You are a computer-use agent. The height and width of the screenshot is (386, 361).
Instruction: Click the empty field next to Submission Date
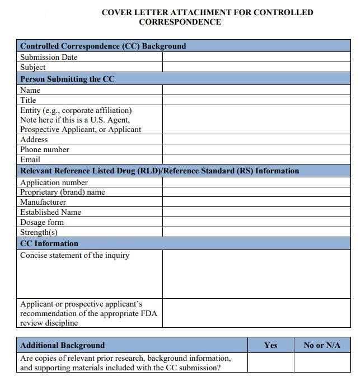tap(256, 57)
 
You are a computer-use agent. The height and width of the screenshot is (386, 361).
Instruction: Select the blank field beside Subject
tap(256, 67)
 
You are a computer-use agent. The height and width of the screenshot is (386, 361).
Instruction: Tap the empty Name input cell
tap(256, 90)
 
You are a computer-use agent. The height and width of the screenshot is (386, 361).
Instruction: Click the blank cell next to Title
tap(256, 100)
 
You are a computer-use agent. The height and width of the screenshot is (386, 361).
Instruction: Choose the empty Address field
tap(256, 139)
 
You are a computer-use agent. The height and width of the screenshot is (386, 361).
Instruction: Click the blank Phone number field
tap(256, 149)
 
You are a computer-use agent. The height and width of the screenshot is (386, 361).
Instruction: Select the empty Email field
tap(256, 159)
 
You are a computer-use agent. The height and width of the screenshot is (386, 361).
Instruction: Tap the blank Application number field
tap(256, 182)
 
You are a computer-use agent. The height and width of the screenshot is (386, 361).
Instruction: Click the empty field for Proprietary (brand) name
tap(256, 192)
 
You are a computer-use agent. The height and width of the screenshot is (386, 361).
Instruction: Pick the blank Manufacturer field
tap(256, 202)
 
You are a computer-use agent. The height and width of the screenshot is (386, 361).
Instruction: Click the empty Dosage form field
tap(256, 222)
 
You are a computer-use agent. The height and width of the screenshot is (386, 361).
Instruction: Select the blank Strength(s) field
tap(256, 232)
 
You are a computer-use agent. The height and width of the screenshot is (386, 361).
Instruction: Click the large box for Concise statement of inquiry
tap(256, 274)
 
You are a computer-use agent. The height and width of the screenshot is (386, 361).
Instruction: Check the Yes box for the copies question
tap(270, 363)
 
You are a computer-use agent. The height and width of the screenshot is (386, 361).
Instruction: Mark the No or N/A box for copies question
tap(322, 363)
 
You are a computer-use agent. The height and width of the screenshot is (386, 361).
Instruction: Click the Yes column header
tap(270, 345)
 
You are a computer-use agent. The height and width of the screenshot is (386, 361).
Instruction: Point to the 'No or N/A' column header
tap(322, 345)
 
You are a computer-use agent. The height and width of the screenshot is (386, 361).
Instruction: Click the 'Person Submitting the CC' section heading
tap(67, 79)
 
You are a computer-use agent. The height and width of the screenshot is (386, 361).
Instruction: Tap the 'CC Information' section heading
tap(49, 243)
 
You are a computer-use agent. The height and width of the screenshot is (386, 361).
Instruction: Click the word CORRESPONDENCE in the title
tap(180, 22)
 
